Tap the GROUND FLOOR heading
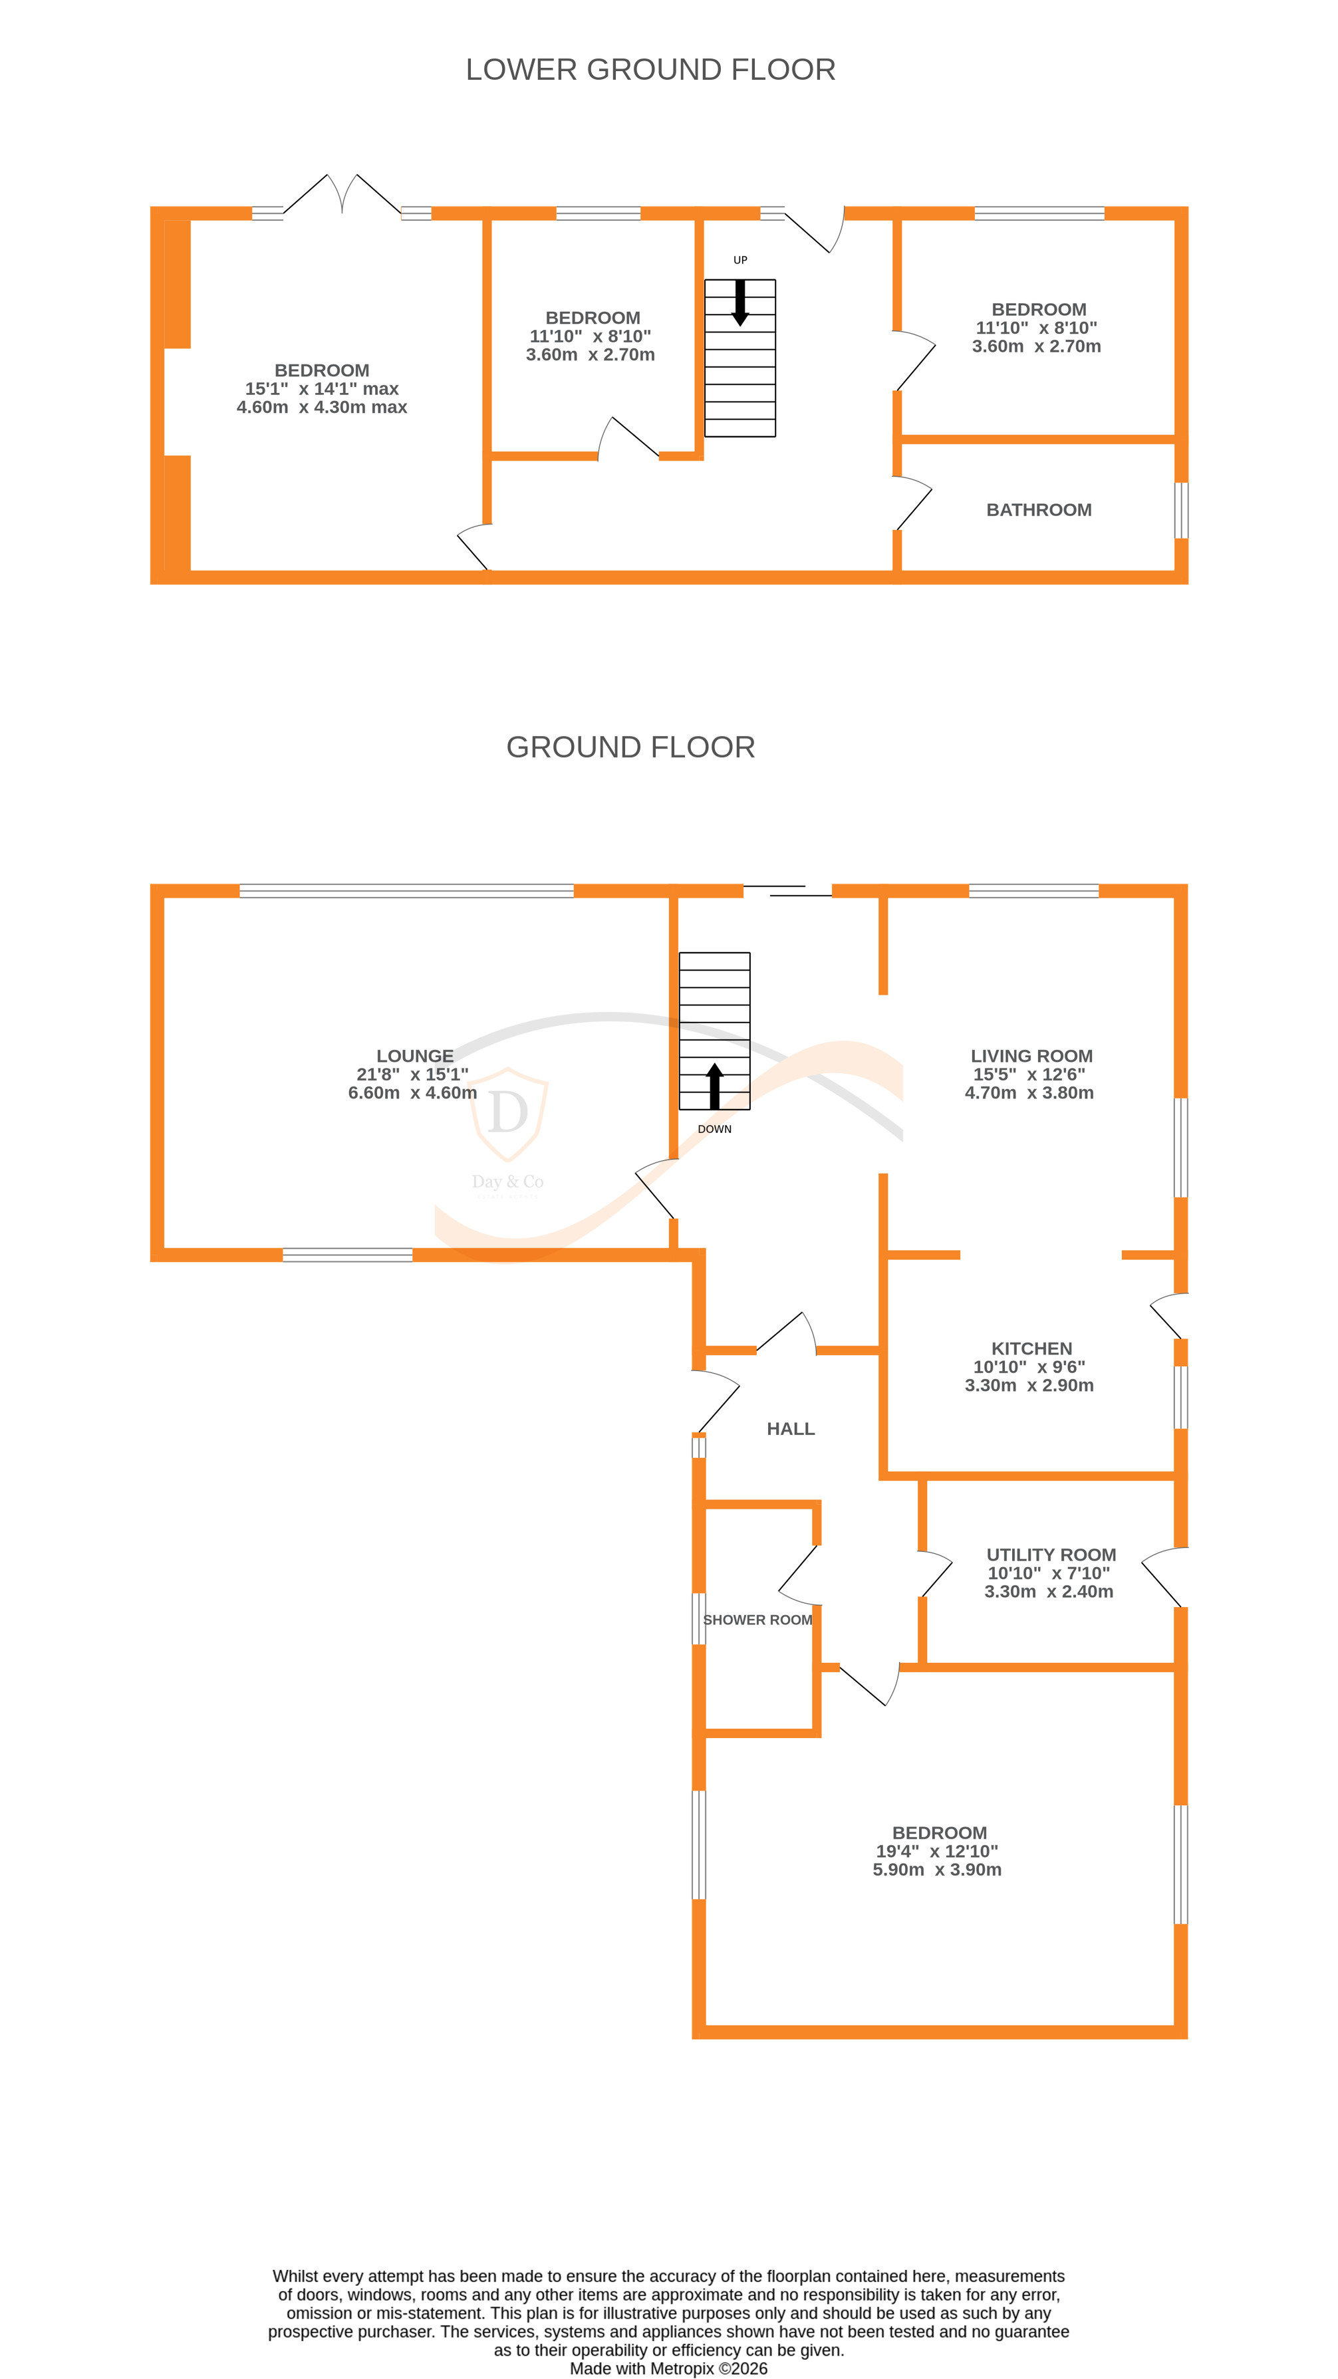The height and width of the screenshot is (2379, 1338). point(630,747)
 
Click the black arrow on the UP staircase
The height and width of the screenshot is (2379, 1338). point(739,303)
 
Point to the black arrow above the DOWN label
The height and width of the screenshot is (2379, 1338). point(714,1086)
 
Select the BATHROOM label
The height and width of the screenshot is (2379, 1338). point(1039,510)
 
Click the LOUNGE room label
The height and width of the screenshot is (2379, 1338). point(414,1056)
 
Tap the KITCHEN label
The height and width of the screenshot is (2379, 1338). point(1031,1348)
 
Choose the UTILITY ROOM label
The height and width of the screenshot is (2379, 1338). point(1051,1555)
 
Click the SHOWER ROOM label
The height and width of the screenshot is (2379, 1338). point(757,1620)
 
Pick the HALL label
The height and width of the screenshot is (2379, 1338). point(791,1429)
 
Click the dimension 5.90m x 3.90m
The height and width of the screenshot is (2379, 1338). point(936,1869)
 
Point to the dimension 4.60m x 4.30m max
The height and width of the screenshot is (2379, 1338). point(321,408)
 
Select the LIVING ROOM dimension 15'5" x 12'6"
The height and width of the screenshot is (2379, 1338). point(1029,1074)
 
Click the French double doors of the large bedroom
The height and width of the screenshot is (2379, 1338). point(342,195)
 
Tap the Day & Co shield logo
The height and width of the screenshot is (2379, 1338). point(508,1114)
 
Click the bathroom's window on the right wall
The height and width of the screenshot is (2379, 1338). point(1180,510)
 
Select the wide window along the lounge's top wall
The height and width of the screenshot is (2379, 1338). point(406,891)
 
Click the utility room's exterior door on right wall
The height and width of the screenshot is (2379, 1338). point(1165,1577)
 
